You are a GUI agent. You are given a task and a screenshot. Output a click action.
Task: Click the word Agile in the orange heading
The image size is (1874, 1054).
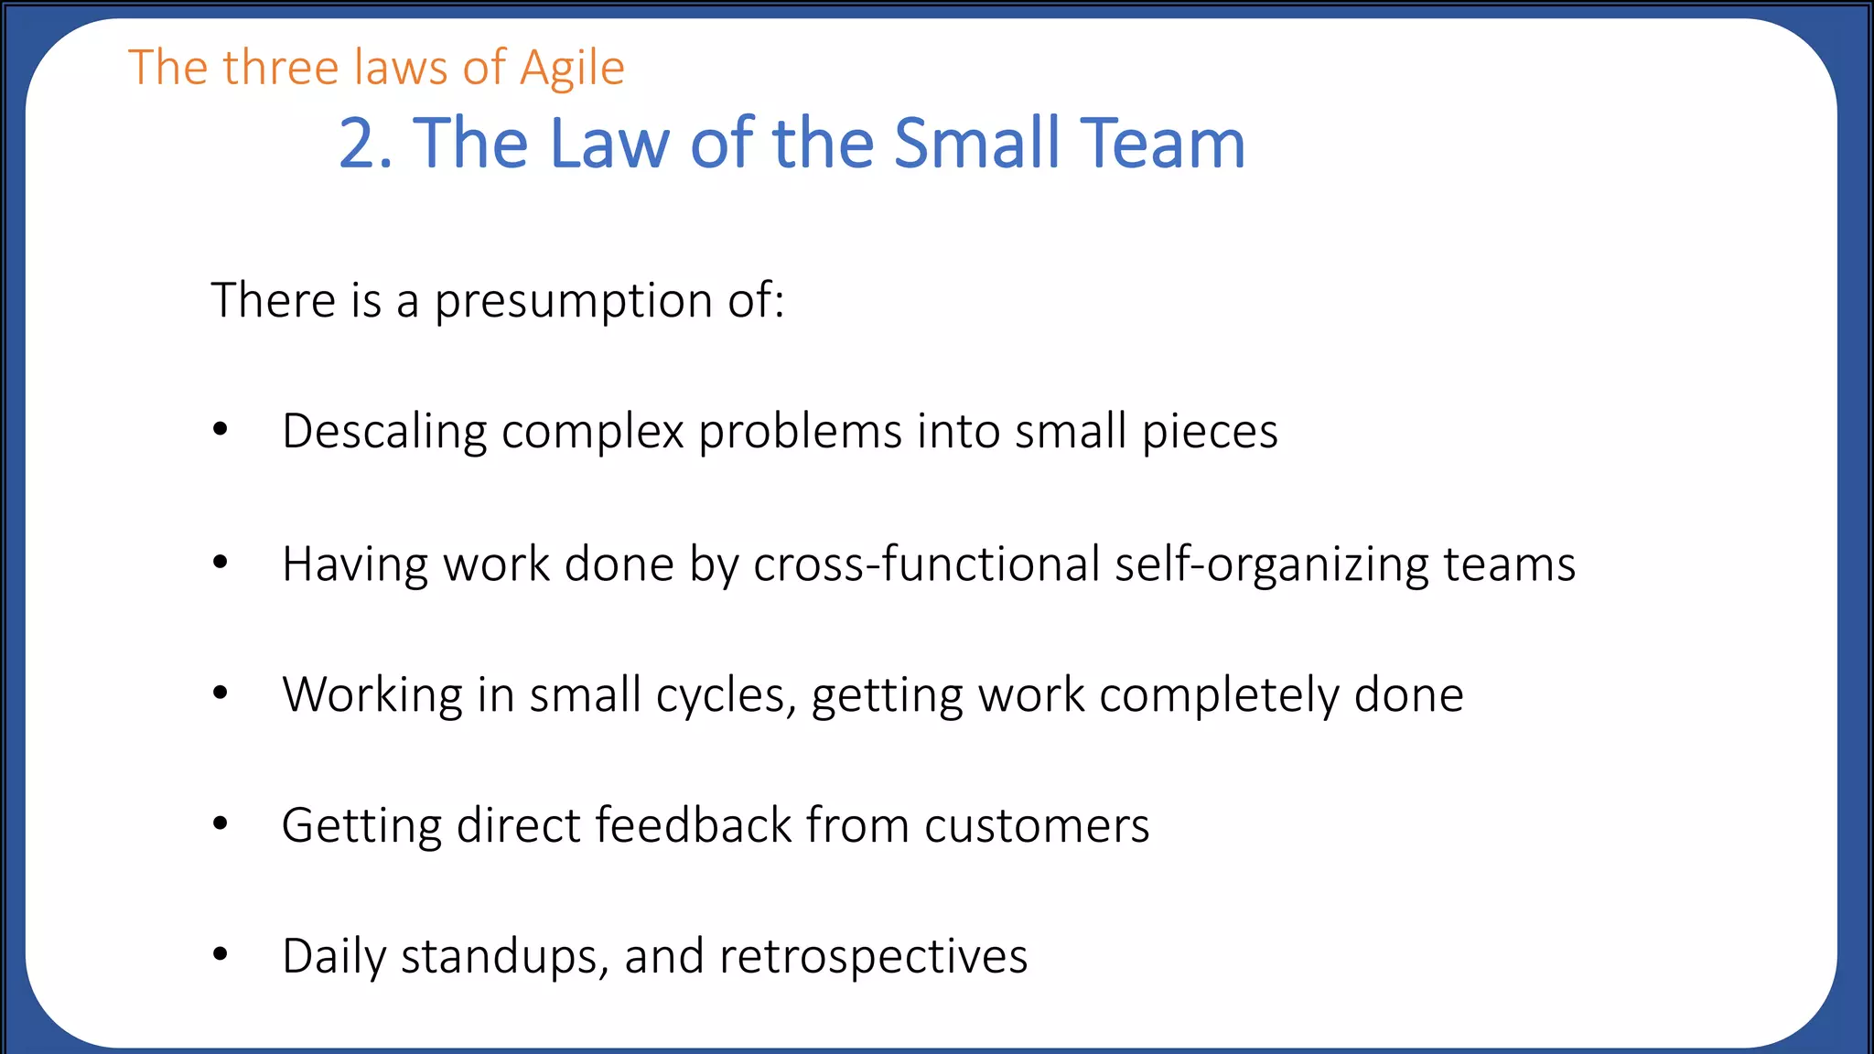pos(572,69)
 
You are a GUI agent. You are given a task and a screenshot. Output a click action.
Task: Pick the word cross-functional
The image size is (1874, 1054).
pos(926,564)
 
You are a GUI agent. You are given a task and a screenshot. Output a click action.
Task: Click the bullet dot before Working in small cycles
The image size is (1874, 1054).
pos(220,693)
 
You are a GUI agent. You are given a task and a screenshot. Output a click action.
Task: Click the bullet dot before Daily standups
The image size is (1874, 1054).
pos(220,954)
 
